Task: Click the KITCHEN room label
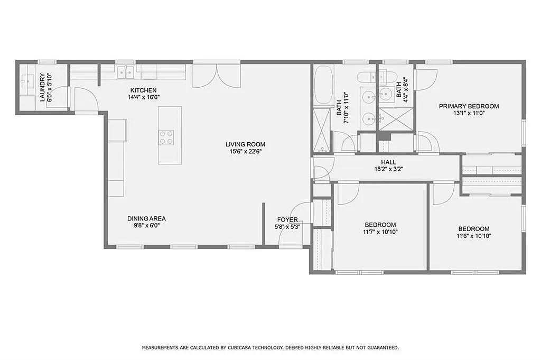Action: coord(143,90)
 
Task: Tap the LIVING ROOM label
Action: coord(245,144)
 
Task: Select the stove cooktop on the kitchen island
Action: coord(166,137)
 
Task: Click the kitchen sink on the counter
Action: coord(126,72)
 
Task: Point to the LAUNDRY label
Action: coord(42,87)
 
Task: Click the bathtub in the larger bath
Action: coord(323,84)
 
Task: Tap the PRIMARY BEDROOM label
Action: coord(469,106)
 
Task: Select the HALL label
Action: coord(388,162)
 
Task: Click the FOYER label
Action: coord(287,220)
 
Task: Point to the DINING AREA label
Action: coord(147,218)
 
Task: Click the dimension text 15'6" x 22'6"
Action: coord(245,151)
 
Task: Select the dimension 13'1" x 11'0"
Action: coord(469,113)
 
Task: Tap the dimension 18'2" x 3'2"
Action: coord(388,169)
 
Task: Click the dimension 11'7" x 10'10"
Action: coord(380,232)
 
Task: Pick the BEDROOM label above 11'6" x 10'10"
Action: coord(474,229)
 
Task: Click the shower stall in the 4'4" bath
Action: coord(396,118)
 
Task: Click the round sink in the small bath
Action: coord(385,93)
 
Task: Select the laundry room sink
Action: coord(26,82)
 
